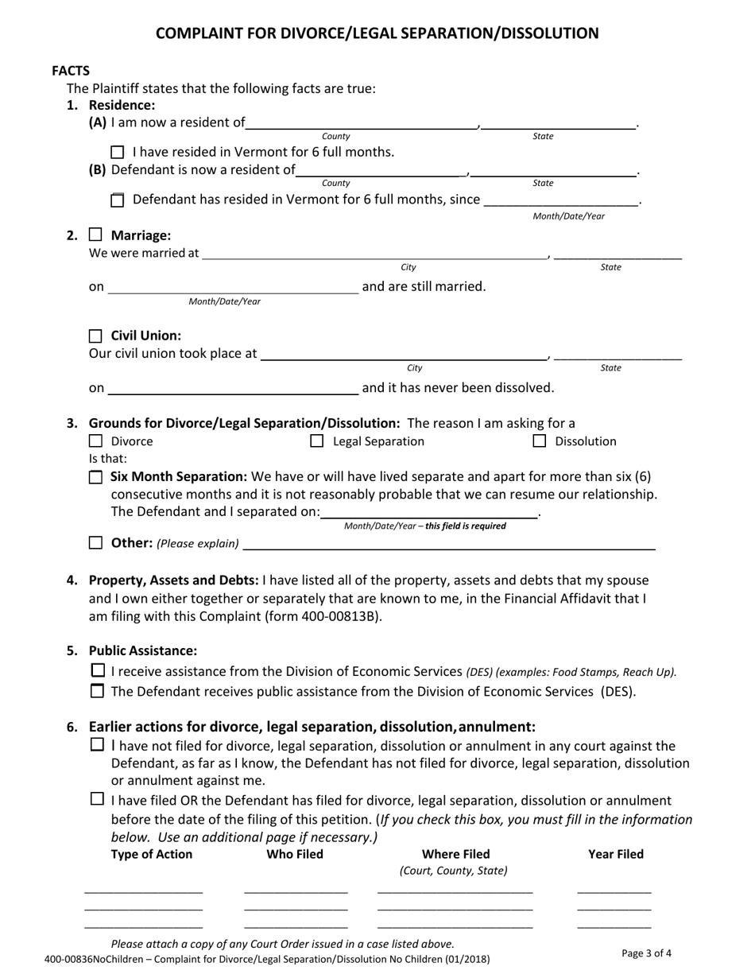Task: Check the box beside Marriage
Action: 95,235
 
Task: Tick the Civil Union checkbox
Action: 95,336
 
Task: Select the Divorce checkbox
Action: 95,441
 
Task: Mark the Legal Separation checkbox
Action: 316,441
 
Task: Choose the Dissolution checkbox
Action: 540,441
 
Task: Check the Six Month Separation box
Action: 95,477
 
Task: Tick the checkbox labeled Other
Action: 95,543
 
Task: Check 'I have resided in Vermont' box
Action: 118,152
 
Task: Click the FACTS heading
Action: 71,71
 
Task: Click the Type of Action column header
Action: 151,855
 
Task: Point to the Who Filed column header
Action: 295,855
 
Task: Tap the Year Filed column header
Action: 616,855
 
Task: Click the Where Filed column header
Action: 455,855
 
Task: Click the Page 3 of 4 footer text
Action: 646,953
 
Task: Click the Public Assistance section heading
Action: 143,650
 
